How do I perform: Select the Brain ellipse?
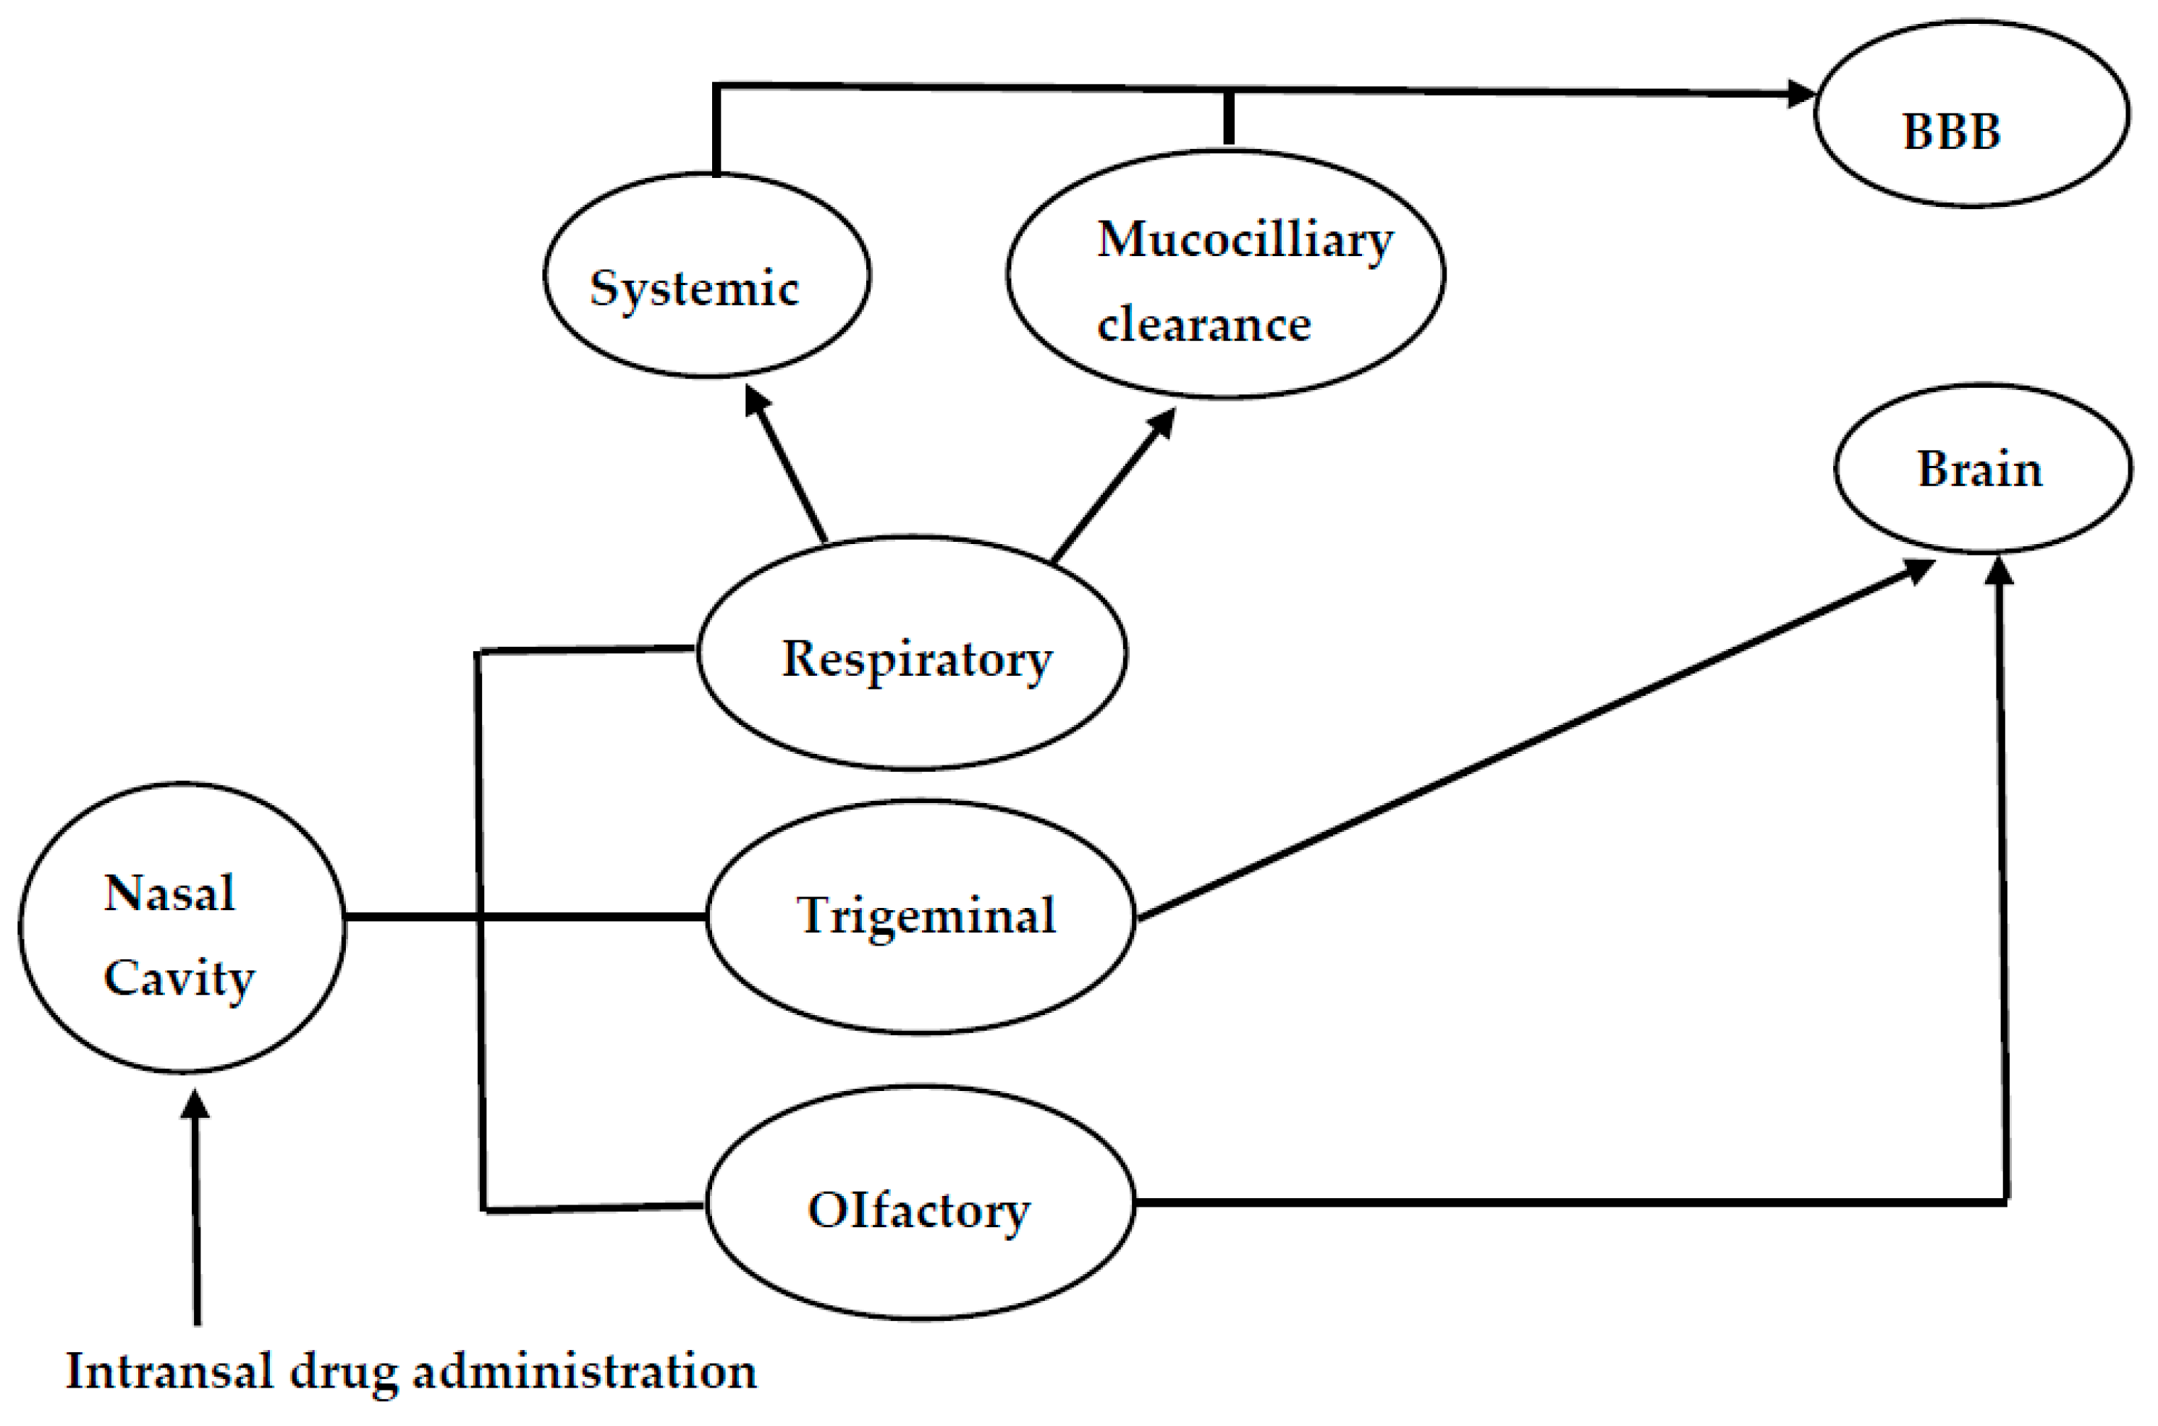click(x=1981, y=468)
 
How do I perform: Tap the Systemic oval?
click(x=706, y=276)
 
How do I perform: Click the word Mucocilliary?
click(x=1244, y=241)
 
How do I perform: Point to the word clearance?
click(x=1203, y=326)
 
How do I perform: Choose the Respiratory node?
click(x=912, y=653)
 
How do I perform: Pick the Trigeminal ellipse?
click(x=921, y=917)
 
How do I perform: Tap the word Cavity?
click(x=179, y=979)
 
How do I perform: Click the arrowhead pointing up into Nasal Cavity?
click(x=195, y=1105)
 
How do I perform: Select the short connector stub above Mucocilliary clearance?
click(x=1229, y=118)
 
